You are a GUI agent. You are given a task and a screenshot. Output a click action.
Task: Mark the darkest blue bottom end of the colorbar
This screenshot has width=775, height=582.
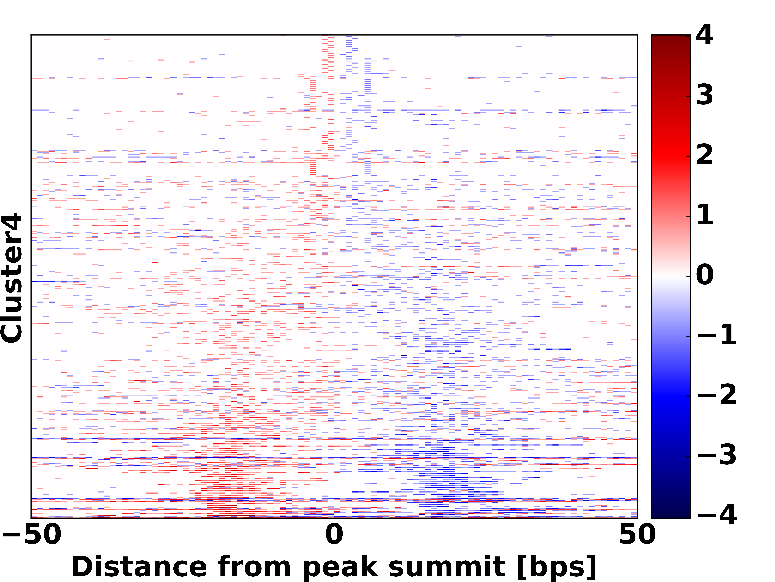click(x=671, y=516)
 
